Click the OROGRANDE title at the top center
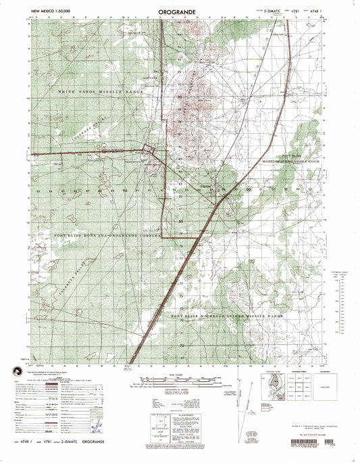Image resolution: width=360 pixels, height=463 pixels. click(x=179, y=11)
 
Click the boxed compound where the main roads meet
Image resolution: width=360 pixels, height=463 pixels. click(x=149, y=151)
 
